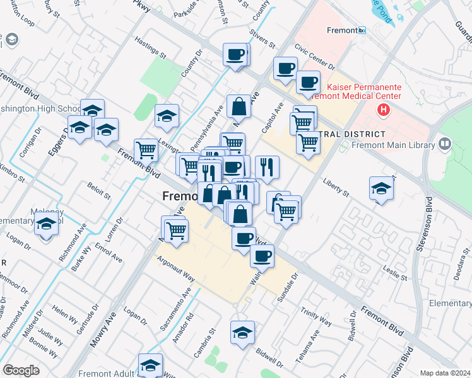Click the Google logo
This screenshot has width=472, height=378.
tap(21, 370)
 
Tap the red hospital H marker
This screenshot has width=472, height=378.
tap(383, 111)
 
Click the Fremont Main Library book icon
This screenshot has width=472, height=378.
tap(445, 146)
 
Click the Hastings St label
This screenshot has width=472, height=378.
tap(149, 48)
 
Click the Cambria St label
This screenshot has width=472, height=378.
tap(205, 341)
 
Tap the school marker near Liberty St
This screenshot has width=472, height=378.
tap(381, 188)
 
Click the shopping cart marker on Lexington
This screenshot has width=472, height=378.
tap(146, 151)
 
